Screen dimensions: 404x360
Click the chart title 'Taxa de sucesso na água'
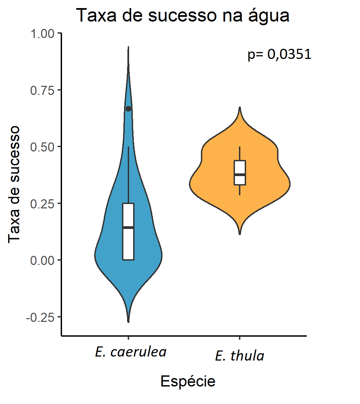click(182, 15)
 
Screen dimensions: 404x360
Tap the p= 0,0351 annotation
click(279, 54)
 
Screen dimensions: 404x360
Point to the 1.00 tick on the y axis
click(42, 34)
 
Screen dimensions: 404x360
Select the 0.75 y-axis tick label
click(42, 90)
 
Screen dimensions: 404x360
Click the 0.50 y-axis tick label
click(42, 147)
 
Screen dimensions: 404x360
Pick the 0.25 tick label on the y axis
click(42, 204)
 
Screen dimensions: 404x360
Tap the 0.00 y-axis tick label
click(42, 260)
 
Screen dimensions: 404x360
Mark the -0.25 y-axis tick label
click(40, 317)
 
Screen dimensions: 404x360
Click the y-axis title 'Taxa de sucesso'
click(14, 184)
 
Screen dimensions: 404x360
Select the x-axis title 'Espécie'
click(188, 381)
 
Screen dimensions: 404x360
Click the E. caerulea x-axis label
click(131, 352)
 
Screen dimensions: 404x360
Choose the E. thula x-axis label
click(239, 356)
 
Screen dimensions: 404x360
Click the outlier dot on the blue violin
click(128, 108)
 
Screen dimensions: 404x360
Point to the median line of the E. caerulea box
click(128, 228)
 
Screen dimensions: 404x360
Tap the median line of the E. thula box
click(240, 174)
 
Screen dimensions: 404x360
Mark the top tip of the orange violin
click(240, 108)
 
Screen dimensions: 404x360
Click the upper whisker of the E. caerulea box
click(128, 175)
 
